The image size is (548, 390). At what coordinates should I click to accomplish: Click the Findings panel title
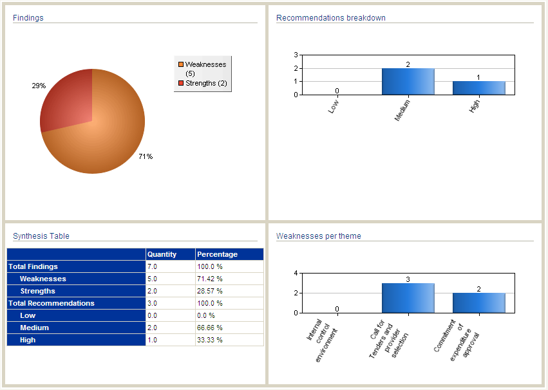[x=28, y=18]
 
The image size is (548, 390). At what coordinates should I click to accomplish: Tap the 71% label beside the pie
[x=146, y=156]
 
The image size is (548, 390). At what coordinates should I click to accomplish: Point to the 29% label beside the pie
[x=39, y=86]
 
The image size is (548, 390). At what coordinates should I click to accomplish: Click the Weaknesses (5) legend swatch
[x=181, y=64]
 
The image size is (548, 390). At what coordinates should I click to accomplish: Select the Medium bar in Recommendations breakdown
[x=408, y=81]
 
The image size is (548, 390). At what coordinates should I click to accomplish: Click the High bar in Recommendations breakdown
[x=478, y=88]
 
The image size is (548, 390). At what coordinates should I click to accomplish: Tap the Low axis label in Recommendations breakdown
[x=334, y=106]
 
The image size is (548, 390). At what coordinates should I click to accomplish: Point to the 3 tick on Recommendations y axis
[x=296, y=55]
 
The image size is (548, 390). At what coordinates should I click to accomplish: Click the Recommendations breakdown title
[x=331, y=18]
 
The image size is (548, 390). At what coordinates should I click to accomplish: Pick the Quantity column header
[x=162, y=254]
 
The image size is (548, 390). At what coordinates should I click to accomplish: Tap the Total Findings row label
[x=33, y=266]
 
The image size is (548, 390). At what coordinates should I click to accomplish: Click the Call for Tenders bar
[x=408, y=298]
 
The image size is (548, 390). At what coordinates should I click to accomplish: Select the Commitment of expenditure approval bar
[x=478, y=302]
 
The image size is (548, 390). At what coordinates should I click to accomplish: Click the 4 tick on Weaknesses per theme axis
[x=296, y=273]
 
